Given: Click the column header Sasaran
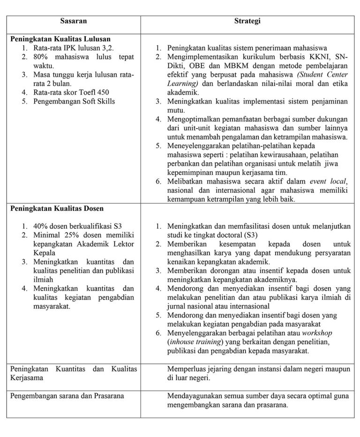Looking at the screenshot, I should point(74,21).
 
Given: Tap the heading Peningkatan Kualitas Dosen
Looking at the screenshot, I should point(57,208).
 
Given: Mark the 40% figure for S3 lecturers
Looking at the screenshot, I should point(41,226).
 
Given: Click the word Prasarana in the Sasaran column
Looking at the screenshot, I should point(109,396).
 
